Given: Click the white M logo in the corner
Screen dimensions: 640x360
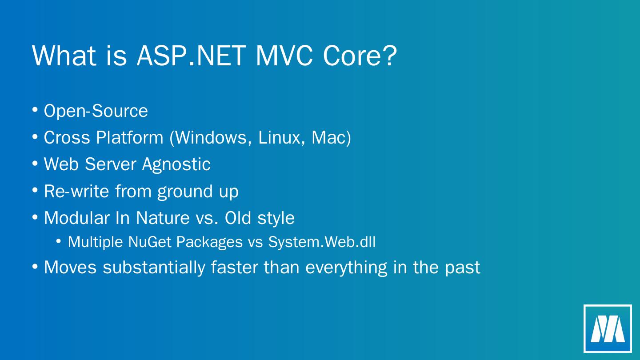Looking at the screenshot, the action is coord(608,328).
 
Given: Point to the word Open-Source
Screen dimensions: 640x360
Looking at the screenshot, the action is coord(96,111).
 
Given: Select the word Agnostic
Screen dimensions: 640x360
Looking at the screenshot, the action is coord(176,165).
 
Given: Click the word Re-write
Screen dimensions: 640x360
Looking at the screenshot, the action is coord(76,191).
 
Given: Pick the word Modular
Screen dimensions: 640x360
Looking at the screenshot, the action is coord(77,218).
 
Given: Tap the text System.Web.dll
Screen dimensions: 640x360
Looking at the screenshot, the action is coord(322,242).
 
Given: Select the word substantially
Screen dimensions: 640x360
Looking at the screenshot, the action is coord(154,268).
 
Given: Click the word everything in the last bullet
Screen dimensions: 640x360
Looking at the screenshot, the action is coord(346,268).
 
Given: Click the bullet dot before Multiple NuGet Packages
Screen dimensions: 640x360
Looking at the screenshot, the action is coord(59,241).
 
